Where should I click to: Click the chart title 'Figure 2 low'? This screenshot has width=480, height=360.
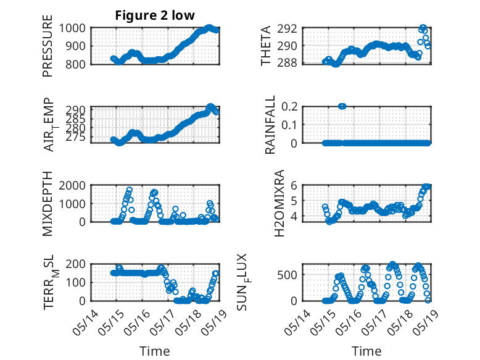[x=155, y=15]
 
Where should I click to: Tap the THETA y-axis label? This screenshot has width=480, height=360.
[x=266, y=46]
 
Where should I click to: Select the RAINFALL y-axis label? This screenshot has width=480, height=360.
[x=270, y=125]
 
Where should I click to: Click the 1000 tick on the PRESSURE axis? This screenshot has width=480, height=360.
[x=75, y=28]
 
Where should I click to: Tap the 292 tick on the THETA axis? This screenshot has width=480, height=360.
[x=290, y=28]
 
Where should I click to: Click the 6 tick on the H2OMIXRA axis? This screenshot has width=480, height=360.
[x=295, y=186]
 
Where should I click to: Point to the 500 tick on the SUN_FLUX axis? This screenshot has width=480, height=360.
[x=290, y=275]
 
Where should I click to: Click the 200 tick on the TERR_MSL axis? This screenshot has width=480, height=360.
[x=78, y=264]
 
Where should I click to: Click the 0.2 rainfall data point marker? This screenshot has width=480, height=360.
[x=342, y=106]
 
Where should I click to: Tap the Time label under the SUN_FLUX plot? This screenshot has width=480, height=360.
[x=366, y=351]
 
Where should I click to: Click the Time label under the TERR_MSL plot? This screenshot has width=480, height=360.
[x=155, y=351]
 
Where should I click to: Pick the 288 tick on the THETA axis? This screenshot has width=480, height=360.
[x=290, y=63]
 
